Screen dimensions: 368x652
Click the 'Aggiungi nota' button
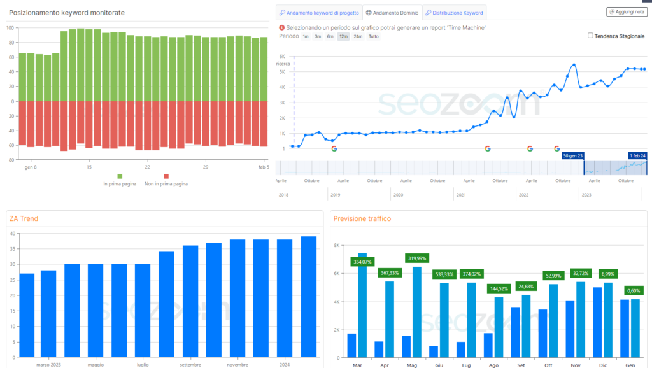(625, 12)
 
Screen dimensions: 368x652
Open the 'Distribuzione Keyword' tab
(454, 13)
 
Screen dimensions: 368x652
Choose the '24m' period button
(358, 36)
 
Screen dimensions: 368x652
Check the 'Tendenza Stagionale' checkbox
(591, 36)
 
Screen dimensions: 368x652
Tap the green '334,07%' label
(361, 262)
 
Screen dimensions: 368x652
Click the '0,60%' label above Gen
(633, 290)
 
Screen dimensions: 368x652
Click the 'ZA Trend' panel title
(24, 219)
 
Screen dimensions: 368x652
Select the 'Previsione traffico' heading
(362, 219)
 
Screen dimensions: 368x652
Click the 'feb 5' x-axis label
(263, 167)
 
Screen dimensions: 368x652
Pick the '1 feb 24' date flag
(636, 155)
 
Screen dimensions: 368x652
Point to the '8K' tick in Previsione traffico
(336, 245)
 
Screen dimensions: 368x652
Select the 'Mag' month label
(411, 365)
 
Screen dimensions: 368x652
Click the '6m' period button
(330, 36)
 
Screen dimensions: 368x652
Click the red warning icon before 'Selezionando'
(281, 27)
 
